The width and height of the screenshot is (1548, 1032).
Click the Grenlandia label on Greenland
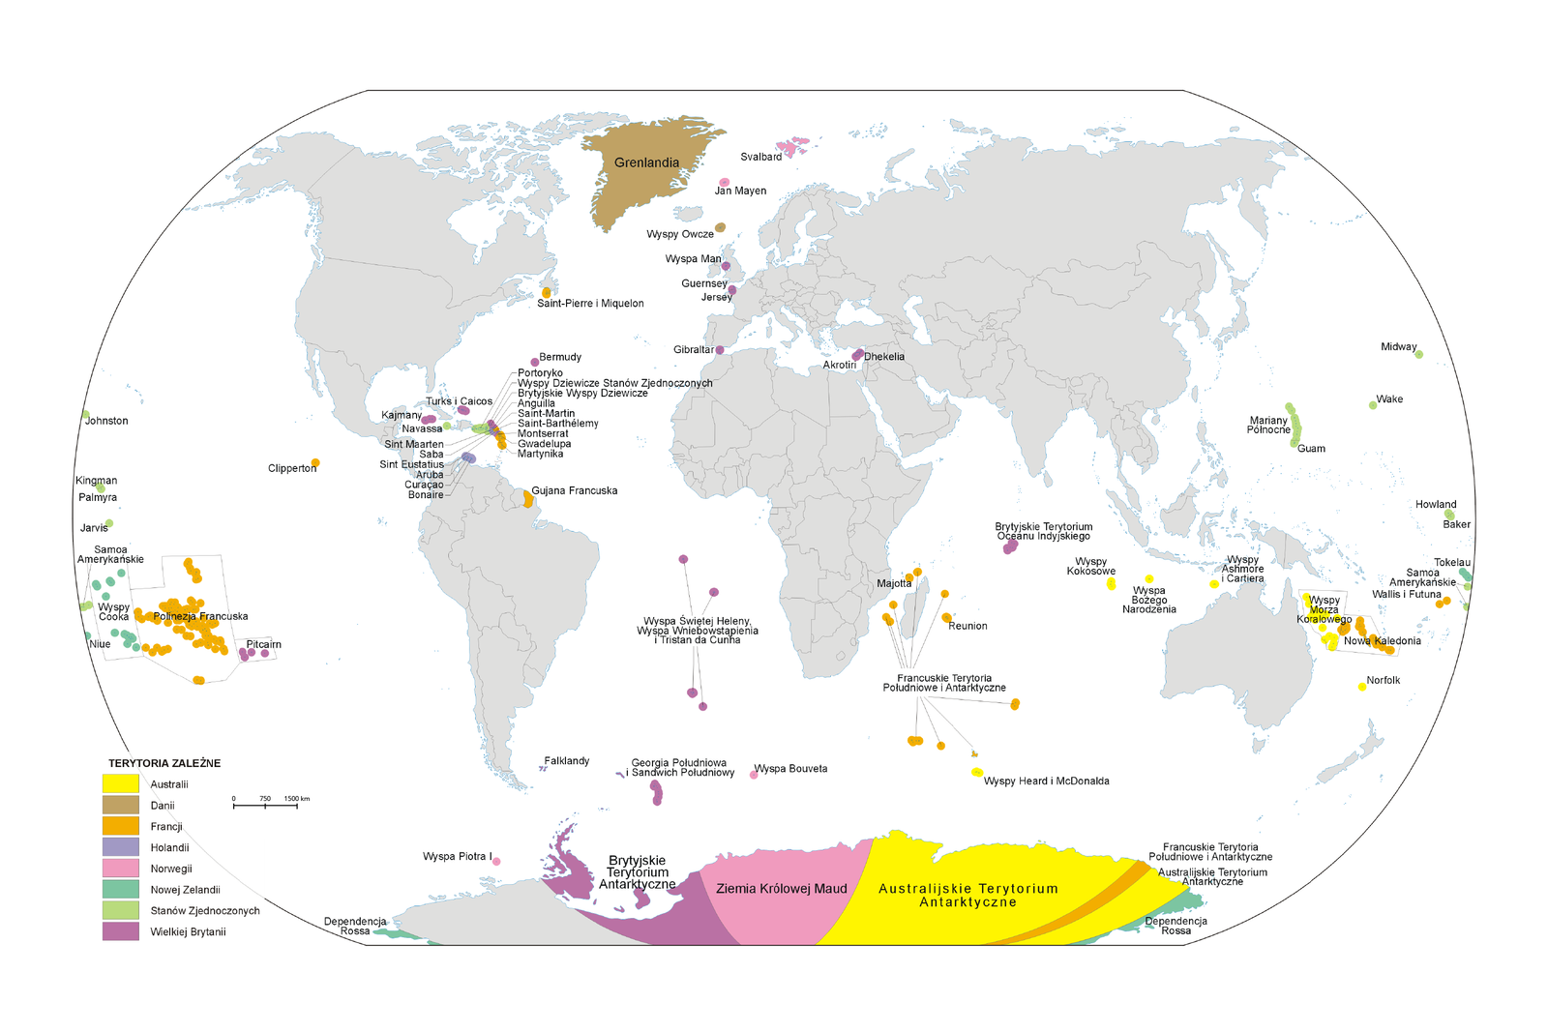(x=646, y=162)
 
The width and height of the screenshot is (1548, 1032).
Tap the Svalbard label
(x=760, y=157)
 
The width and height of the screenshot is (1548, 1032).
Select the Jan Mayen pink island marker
(x=725, y=182)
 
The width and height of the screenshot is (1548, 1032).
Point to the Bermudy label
(x=560, y=357)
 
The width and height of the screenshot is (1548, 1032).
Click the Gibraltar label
(x=694, y=350)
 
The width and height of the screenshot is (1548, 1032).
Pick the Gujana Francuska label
(x=574, y=490)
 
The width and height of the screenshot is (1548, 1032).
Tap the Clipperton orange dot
(x=315, y=463)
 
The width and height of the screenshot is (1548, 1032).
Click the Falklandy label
(x=566, y=761)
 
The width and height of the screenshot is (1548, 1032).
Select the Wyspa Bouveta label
(x=790, y=769)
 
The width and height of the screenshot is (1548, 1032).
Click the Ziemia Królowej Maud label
(x=781, y=889)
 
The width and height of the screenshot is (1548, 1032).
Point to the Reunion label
(x=967, y=626)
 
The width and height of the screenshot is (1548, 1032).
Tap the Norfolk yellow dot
(x=1362, y=687)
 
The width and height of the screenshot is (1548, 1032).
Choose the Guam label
(x=1311, y=449)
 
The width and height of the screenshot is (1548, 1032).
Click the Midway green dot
(x=1419, y=355)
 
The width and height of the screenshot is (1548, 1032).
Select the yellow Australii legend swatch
(x=121, y=783)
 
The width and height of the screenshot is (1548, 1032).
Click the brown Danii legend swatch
(x=121, y=805)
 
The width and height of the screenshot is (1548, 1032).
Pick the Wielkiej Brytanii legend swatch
(x=121, y=931)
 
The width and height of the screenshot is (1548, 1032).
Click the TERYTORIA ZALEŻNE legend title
(x=164, y=763)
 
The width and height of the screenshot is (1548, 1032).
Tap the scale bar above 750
(x=265, y=805)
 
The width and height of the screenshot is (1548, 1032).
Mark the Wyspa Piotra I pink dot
(x=497, y=861)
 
